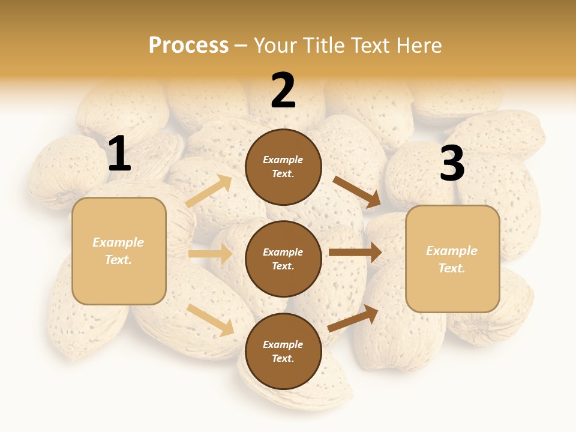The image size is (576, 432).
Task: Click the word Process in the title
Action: coord(188,46)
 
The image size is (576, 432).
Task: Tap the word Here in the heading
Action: coord(415,46)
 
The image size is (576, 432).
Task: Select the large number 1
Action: coord(119,155)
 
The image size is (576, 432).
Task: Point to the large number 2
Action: coord(283,91)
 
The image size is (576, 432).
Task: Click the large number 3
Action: coord(452,164)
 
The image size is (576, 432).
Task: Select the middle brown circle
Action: coord(283,259)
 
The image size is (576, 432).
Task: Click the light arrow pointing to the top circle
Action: coord(208,192)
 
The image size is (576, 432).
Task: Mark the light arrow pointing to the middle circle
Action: coord(210,254)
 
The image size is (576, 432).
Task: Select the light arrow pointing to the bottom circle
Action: coord(211,320)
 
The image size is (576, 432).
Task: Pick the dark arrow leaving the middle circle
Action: coord(355,252)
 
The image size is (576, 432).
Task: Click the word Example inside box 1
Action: coord(118,242)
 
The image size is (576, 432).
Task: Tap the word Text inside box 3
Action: coord(452,268)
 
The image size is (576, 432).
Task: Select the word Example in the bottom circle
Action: coord(283,344)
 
